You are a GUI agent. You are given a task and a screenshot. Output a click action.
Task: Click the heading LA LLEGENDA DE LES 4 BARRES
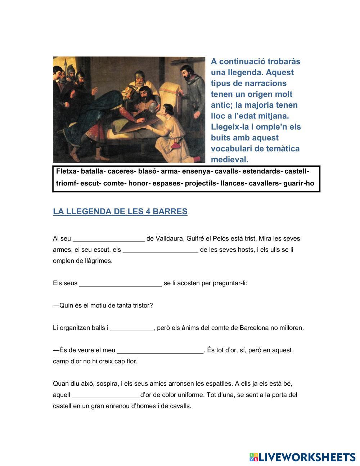tap(120, 211)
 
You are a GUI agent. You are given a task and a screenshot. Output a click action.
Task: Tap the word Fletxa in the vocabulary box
tap(66, 171)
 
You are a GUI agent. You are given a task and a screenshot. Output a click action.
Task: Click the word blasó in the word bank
tap(148, 171)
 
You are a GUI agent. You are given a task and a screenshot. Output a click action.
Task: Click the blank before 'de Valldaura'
tap(108, 239)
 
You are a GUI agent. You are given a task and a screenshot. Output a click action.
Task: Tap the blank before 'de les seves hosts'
tap(160, 250)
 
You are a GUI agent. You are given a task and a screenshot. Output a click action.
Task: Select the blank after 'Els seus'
tap(120, 283)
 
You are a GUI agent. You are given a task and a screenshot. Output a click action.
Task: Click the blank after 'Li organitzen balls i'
tap(131, 328)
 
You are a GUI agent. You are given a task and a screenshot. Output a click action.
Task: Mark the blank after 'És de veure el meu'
tap(160, 350)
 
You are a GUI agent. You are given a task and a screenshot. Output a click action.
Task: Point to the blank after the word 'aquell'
tap(106, 395)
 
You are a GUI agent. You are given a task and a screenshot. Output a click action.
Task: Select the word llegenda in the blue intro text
tap(242, 72)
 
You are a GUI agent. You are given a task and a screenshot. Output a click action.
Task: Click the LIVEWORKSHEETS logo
tap(302, 457)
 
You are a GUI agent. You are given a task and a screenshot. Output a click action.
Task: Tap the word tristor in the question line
tap(142, 305)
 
